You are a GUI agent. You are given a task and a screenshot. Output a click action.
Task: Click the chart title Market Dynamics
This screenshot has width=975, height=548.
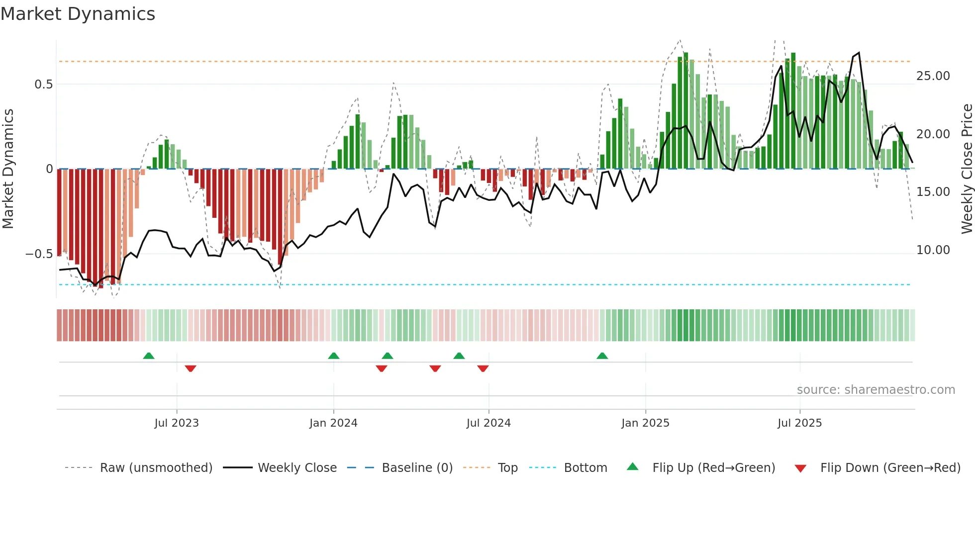coord(78,14)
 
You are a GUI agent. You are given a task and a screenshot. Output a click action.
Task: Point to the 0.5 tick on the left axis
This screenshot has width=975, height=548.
coord(44,85)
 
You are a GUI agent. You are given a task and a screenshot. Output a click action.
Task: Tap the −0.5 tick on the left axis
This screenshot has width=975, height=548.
coord(39,254)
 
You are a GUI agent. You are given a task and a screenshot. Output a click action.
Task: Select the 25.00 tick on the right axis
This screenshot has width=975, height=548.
coord(933,76)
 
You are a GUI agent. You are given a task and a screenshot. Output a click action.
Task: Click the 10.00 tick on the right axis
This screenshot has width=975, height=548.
coord(933,250)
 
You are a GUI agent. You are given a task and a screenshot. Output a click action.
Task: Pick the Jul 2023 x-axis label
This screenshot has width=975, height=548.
coord(177,423)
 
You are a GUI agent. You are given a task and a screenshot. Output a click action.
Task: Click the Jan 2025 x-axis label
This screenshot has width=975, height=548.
coord(645,423)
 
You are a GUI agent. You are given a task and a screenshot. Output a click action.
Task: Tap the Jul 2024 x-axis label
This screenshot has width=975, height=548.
coord(488,423)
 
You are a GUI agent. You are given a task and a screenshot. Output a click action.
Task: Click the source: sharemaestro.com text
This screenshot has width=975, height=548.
coord(876,390)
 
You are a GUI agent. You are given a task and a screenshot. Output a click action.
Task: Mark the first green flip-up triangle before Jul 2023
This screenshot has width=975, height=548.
coord(149,356)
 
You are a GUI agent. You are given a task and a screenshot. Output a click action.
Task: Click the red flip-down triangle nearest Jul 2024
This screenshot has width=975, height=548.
coord(483,368)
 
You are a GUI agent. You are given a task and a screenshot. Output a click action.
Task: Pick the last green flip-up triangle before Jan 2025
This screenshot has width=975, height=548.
coord(602,356)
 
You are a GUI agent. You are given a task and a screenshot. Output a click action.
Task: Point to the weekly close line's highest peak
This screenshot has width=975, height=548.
coord(859,53)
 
